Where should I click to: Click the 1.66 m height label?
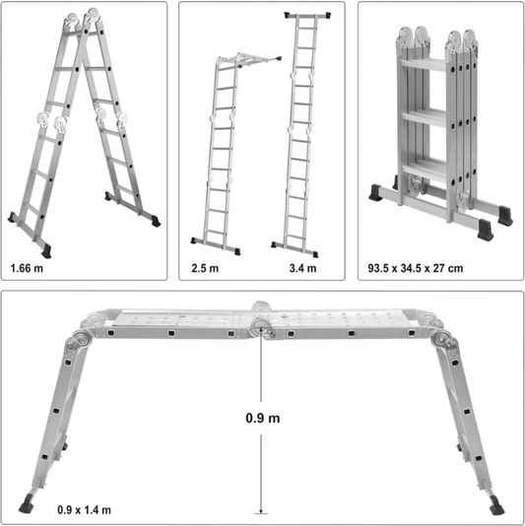(x=27, y=268)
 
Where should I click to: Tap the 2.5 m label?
(x=205, y=268)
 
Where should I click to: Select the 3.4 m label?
(x=303, y=268)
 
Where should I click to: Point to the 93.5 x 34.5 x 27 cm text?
(x=416, y=268)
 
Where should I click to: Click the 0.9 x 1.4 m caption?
(x=84, y=510)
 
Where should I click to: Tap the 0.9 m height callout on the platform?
(x=263, y=418)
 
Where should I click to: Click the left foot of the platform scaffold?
(x=27, y=503)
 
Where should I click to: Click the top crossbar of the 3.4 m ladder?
(x=307, y=15)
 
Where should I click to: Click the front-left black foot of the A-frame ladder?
(x=46, y=251)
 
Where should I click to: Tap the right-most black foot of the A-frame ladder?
(x=156, y=221)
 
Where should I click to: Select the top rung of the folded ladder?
(x=424, y=65)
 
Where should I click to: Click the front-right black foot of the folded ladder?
(x=486, y=230)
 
